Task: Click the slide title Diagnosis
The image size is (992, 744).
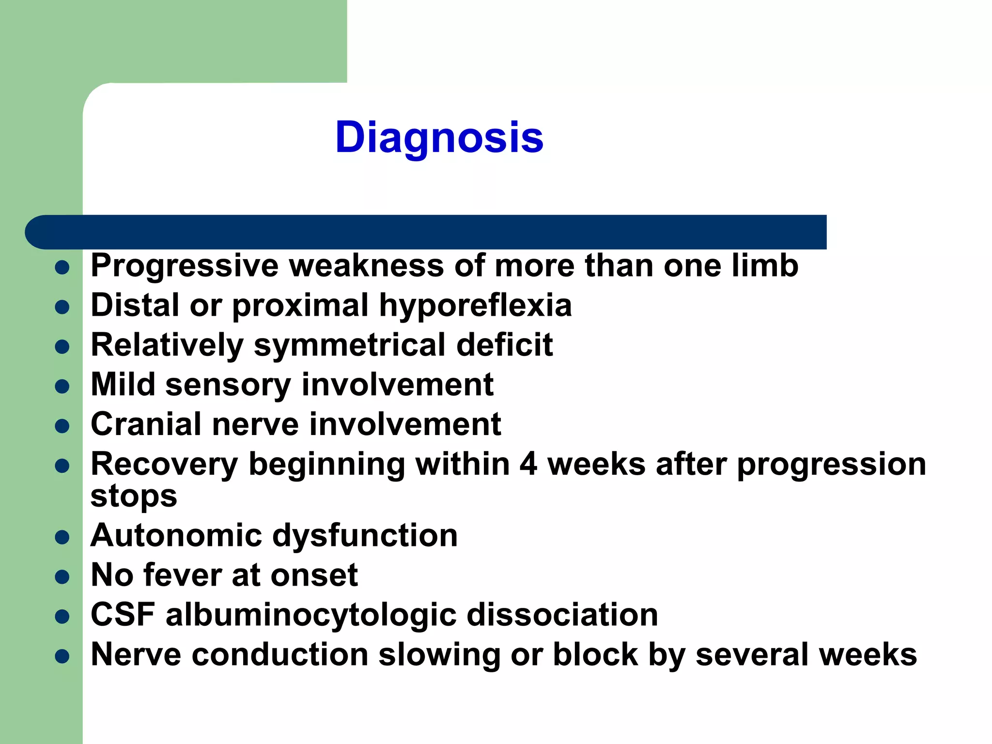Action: point(439,138)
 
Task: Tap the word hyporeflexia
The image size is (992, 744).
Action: point(475,306)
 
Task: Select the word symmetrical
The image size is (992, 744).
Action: point(350,346)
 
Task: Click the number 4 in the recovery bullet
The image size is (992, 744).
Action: point(528,464)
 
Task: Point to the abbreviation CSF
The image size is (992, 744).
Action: point(123,615)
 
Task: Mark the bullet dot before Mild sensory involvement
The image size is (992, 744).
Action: point(62,387)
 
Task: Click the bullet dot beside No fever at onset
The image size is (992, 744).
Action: point(62,577)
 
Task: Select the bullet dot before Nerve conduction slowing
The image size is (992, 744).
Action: point(62,656)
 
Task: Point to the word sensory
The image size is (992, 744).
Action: point(228,386)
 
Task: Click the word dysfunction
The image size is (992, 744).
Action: point(365,536)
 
